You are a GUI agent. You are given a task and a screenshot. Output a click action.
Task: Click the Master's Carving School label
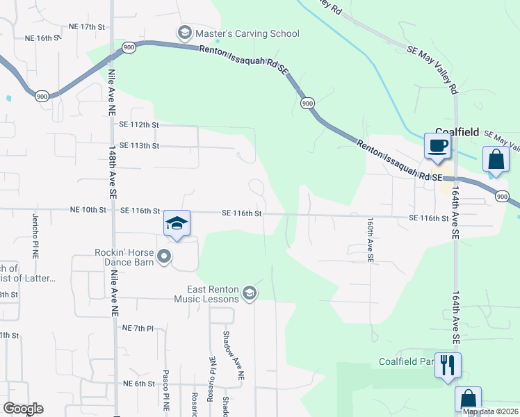pos(247,33)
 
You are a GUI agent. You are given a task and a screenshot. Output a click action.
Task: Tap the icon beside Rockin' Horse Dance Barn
pos(164,257)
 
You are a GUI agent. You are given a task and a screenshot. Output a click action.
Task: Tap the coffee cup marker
pos(437,147)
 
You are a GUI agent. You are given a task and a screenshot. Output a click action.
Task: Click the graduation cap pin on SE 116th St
pos(177,224)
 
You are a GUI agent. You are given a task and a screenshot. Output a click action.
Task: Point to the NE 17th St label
pos(86,26)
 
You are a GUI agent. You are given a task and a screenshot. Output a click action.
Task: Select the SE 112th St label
pos(139,125)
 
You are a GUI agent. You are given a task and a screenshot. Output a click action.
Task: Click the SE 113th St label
pos(139,146)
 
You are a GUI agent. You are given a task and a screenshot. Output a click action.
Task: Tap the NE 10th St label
pos(88,210)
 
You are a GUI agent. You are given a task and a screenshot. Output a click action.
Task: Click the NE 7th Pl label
pos(141,327)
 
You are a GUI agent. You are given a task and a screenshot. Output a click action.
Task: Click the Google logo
pos(23,409)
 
